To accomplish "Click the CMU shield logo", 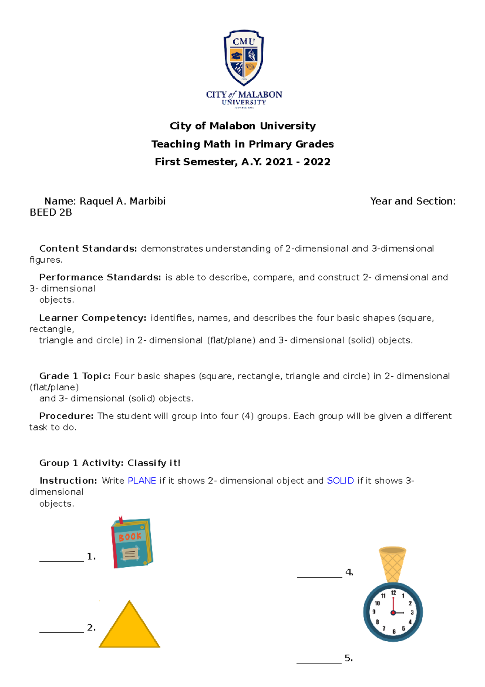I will tap(244, 58).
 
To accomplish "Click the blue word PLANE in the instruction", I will tap(142, 481).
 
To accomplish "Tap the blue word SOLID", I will tap(340, 481).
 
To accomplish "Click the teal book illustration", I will tap(132, 543).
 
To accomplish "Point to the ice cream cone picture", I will tap(392, 564).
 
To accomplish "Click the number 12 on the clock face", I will tap(393, 593).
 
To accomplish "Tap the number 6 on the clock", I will tap(394, 632).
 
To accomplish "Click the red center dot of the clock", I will tap(393, 613).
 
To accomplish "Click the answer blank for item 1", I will tap(61, 560).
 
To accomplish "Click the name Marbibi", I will tap(148, 201).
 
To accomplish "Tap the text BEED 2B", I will tap(51, 212).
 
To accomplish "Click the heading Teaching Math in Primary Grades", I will tap(242, 144).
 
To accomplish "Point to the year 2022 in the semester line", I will tap(317, 162).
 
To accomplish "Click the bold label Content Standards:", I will tap(88, 248).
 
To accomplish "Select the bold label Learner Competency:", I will tap(93, 318).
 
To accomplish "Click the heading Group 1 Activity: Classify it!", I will tap(110, 463).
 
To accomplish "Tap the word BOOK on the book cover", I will tap(130, 537).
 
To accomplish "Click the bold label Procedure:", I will tap(66, 416).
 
